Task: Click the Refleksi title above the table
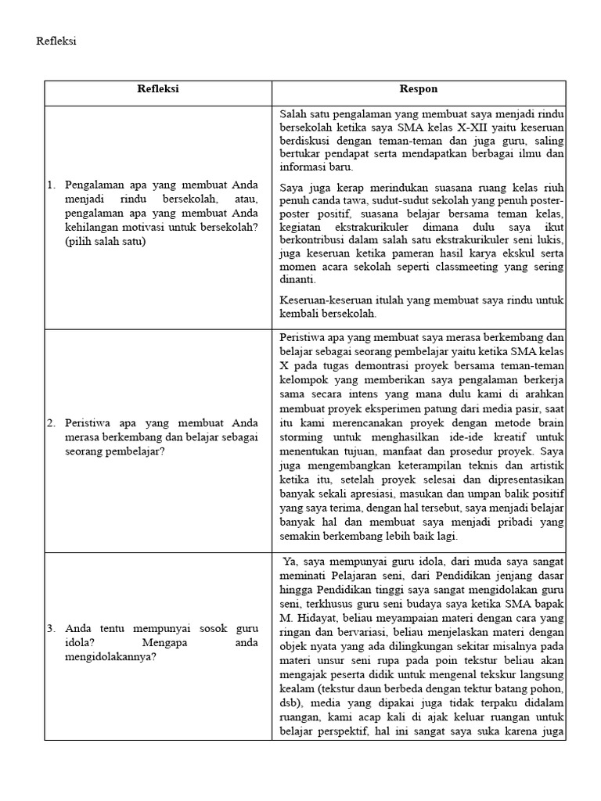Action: [56, 41]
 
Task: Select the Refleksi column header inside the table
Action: [158, 89]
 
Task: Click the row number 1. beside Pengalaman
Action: [51, 185]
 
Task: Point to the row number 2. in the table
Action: [51, 423]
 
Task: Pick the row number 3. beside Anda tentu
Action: [51, 628]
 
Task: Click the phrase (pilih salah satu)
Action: [106, 242]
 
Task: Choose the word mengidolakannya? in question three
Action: [110, 656]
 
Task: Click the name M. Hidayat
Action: [305, 619]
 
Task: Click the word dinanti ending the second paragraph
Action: [297, 280]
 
